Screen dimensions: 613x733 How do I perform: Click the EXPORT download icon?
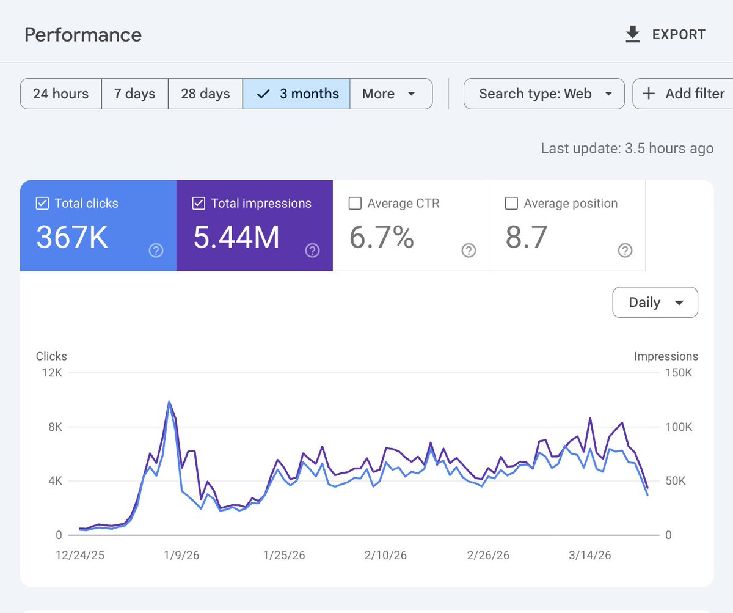click(x=633, y=35)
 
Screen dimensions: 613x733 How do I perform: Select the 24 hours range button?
click(x=60, y=94)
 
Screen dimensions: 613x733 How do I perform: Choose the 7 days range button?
click(x=134, y=94)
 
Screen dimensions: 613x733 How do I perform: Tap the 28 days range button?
click(x=205, y=94)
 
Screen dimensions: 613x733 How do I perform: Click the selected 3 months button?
click(x=297, y=94)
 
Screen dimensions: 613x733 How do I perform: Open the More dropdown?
click(x=390, y=94)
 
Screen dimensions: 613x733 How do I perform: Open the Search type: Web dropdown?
click(x=544, y=94)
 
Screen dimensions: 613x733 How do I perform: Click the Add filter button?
click(x=683, y=94)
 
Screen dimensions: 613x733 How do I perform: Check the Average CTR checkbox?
click(x=355, y=204)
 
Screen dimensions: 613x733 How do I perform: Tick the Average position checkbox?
click(x=511, y=204)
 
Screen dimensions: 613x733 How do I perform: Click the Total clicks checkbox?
click(x=42, y=204)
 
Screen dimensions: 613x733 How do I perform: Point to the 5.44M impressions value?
click(x=236, y=237)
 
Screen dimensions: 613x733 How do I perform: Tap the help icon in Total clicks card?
click(x=156, y=251)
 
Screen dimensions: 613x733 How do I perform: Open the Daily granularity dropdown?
click(x=655, y=303)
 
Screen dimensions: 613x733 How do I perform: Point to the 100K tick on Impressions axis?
click(x=678, y=427)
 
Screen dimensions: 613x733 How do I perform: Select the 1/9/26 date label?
click(x=181, y=556)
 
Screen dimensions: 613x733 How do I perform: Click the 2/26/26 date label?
click(x=488, y=556)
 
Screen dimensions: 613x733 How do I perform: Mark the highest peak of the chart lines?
click(x=169, y=402)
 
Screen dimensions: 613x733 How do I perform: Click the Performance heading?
click(x=83, y=35)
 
